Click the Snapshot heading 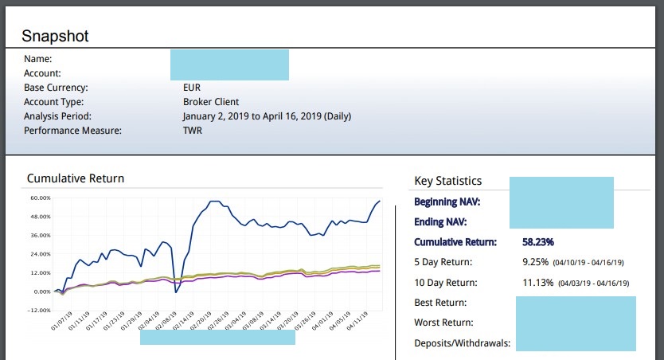pyautogui.click(x=55, y=36)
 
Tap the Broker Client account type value pyautogui.click(x=211, y=102)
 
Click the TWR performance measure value pyautogui.click(x=193, y=131)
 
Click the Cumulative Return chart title pyautogui.click(x=76, y=178)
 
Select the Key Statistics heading pyautogui.click(x=448, y=182)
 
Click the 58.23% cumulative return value pyautogui.click(x=538, y=241)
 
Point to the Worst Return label pyautogui.click(x=444, y=323)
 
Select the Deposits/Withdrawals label pyautogui.click(x=463, y=343)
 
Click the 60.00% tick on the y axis pyautogui.click(x=40, y=198)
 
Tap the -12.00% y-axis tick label pyautogui.click(x=39, y=311)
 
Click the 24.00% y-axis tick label pyautogui.click(x=40, y=254)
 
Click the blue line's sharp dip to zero pyautogui.click(x=177, y=292)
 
